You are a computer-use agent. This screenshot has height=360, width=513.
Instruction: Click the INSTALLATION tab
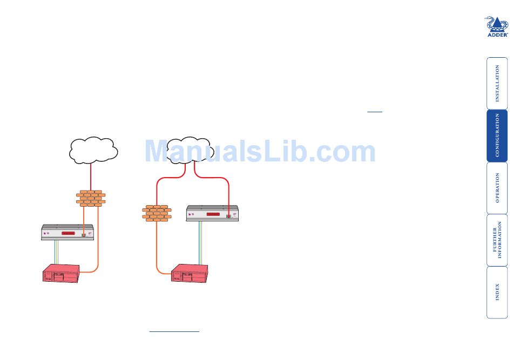(x=497, y=83)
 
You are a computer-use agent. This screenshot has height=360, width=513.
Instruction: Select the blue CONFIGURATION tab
(x=497, y=135)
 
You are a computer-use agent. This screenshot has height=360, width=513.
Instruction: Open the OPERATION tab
(x=497, y=188)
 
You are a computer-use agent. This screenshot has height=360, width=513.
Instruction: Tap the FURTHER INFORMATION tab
(x=497, y=240)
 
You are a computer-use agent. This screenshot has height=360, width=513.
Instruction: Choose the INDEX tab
(x=497, y=292)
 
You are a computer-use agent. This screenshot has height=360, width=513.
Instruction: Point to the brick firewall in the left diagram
(x=91, y=198)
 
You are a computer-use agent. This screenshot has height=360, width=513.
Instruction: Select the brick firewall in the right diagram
(x=157, y=213)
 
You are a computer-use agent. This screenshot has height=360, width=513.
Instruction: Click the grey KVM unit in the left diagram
(x=68, y=233)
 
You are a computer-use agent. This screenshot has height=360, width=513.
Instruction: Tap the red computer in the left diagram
(x=62, y=274)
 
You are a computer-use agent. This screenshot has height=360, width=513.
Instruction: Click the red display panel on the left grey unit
(x=69, y=233)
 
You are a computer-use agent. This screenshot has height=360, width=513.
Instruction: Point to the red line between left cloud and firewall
(x=90, y=176)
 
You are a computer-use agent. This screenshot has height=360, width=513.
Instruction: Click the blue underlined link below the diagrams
(x=174, y=331)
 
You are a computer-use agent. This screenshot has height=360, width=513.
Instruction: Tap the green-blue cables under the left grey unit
(x=57, y=252)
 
